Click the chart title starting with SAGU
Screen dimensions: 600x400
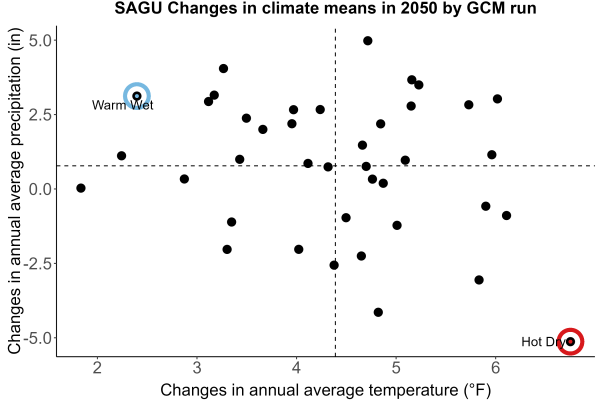tap(325, 8)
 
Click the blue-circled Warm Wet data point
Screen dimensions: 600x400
tap(137, 96)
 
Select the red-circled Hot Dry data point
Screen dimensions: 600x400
tap(571, 341)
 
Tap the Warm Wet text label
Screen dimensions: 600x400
tap(122, 105)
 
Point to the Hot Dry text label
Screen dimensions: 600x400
tap(543, 341)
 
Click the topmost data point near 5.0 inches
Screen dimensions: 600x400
tap(368, 41)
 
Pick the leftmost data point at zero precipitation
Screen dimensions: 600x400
tap(81, 188)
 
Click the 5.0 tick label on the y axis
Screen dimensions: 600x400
tap(40, 41)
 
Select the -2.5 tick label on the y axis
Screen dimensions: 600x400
tap(38, 264)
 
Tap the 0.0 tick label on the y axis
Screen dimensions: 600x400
tap(40, 189)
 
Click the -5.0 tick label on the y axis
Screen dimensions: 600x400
tap(38, 338)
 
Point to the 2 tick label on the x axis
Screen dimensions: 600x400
tap(97, 367)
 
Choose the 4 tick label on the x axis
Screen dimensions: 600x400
tap(297, 367)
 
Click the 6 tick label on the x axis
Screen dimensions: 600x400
tap(496, 367)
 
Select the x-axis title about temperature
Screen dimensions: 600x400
tap(326, 390)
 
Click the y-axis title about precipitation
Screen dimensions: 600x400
tap(15, 191)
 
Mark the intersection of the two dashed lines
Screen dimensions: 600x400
tap(336, 166)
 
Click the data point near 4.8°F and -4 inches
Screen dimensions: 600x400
tap(378, 312)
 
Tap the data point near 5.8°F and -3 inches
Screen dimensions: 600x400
tap(479, 280)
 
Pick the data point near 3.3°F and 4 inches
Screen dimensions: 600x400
tap(223, 69)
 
